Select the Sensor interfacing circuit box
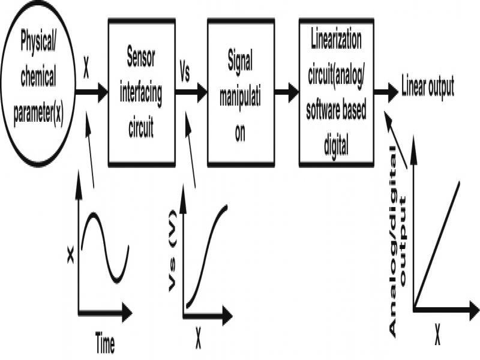[141, 92]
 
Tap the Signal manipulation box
[240, 92]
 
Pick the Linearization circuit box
[336, 92]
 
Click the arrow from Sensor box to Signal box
[191, 92]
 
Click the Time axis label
[105, 343]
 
